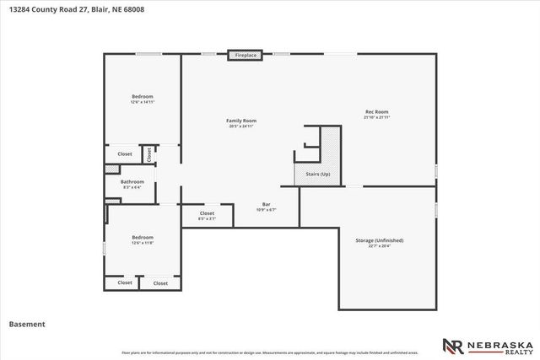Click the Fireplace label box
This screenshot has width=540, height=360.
click(244, 56)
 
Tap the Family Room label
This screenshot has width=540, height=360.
click(241, 121)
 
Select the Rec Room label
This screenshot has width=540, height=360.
click(376, 112)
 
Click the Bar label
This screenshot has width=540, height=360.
click(266, 205)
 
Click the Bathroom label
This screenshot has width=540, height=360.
click(132, 181)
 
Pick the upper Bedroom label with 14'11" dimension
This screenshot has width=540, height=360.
click(142, 97)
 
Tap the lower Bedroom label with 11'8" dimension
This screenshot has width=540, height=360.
click(142, 237)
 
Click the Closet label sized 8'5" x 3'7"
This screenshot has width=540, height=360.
click(207, 213)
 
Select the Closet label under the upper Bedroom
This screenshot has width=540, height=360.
click(125, 154)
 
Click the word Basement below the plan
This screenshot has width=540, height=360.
click(27, 323)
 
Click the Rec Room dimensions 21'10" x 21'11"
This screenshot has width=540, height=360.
click(376, 117)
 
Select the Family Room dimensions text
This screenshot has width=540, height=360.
click(241, 126)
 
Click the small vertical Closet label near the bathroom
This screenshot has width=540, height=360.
click(149, 154)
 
